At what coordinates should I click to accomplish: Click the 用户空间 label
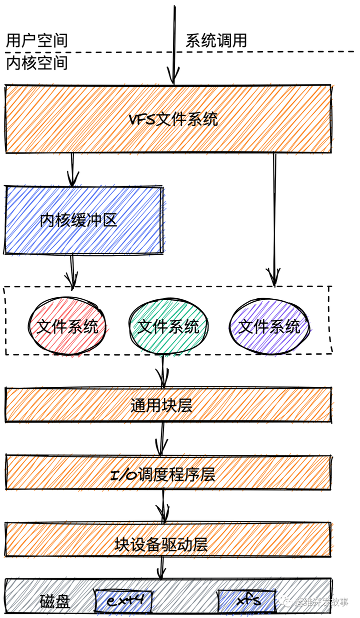[36, 41]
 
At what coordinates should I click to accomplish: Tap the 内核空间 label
[36, 64]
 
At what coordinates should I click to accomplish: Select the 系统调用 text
[216, 41]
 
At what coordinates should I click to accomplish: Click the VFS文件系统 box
[168, 119]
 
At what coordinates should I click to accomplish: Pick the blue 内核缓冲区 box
[83, 220]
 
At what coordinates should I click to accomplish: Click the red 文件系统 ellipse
[68, 326]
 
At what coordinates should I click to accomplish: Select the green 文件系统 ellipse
[168, 326]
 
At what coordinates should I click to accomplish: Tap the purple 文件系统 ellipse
[269, 326]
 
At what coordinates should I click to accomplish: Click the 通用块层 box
[168, 405]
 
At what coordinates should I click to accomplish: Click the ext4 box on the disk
[122, 600]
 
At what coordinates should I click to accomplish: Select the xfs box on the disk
[247, 600]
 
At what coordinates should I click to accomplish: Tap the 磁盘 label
[55, 601]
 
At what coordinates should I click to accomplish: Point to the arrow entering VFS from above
[173, 45]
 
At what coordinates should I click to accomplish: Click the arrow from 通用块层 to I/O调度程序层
[162, 438]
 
